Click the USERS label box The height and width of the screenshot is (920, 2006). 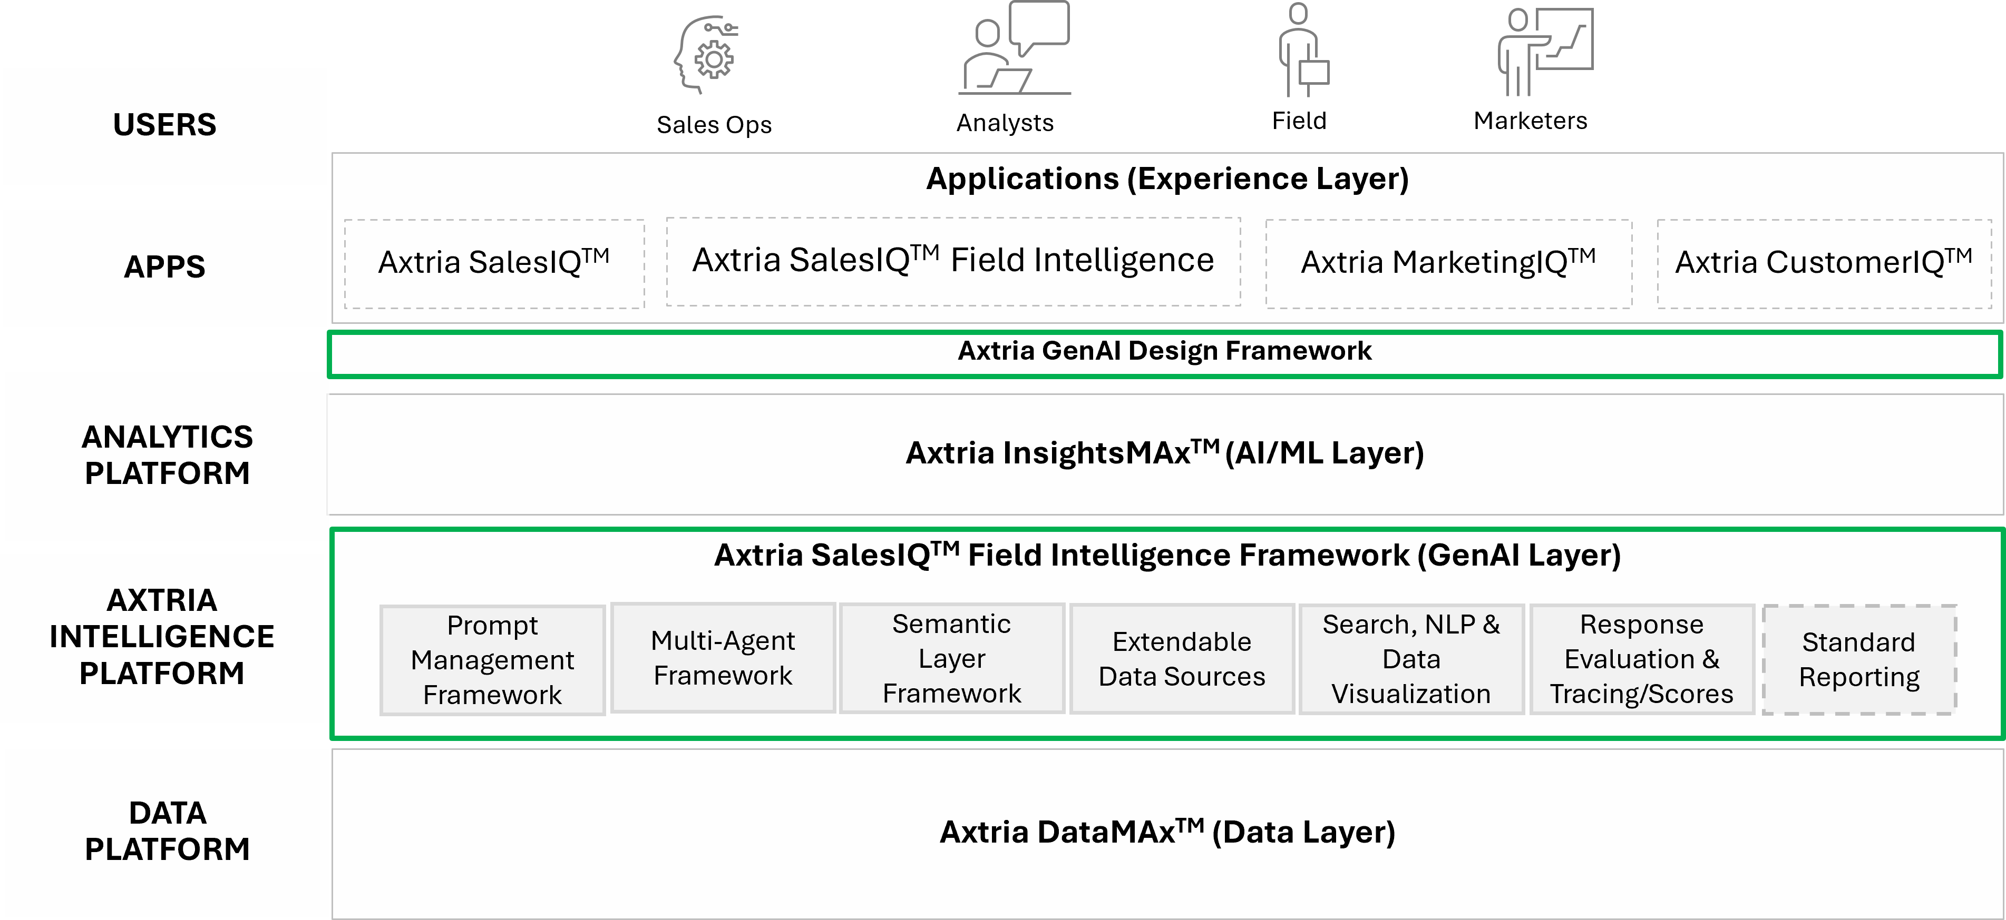point(164,125)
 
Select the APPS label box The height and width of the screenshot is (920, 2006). point(164,267)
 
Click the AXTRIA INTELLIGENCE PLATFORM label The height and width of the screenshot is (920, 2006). point(162,637)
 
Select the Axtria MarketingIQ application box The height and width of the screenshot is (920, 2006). point(1448,263)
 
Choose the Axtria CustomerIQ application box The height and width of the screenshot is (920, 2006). point(1823,263)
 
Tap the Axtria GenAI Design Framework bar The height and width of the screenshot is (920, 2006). point(1164,352)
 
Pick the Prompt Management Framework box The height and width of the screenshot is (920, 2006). point(492,660)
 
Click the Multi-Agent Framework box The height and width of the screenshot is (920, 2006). point(723,658)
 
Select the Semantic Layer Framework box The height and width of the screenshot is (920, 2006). point(951,658)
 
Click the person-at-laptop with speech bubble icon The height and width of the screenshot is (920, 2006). point(1014,49)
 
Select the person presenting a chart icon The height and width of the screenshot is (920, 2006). point(1545,52)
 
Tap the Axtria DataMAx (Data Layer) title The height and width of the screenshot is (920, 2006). point(1166,832)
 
